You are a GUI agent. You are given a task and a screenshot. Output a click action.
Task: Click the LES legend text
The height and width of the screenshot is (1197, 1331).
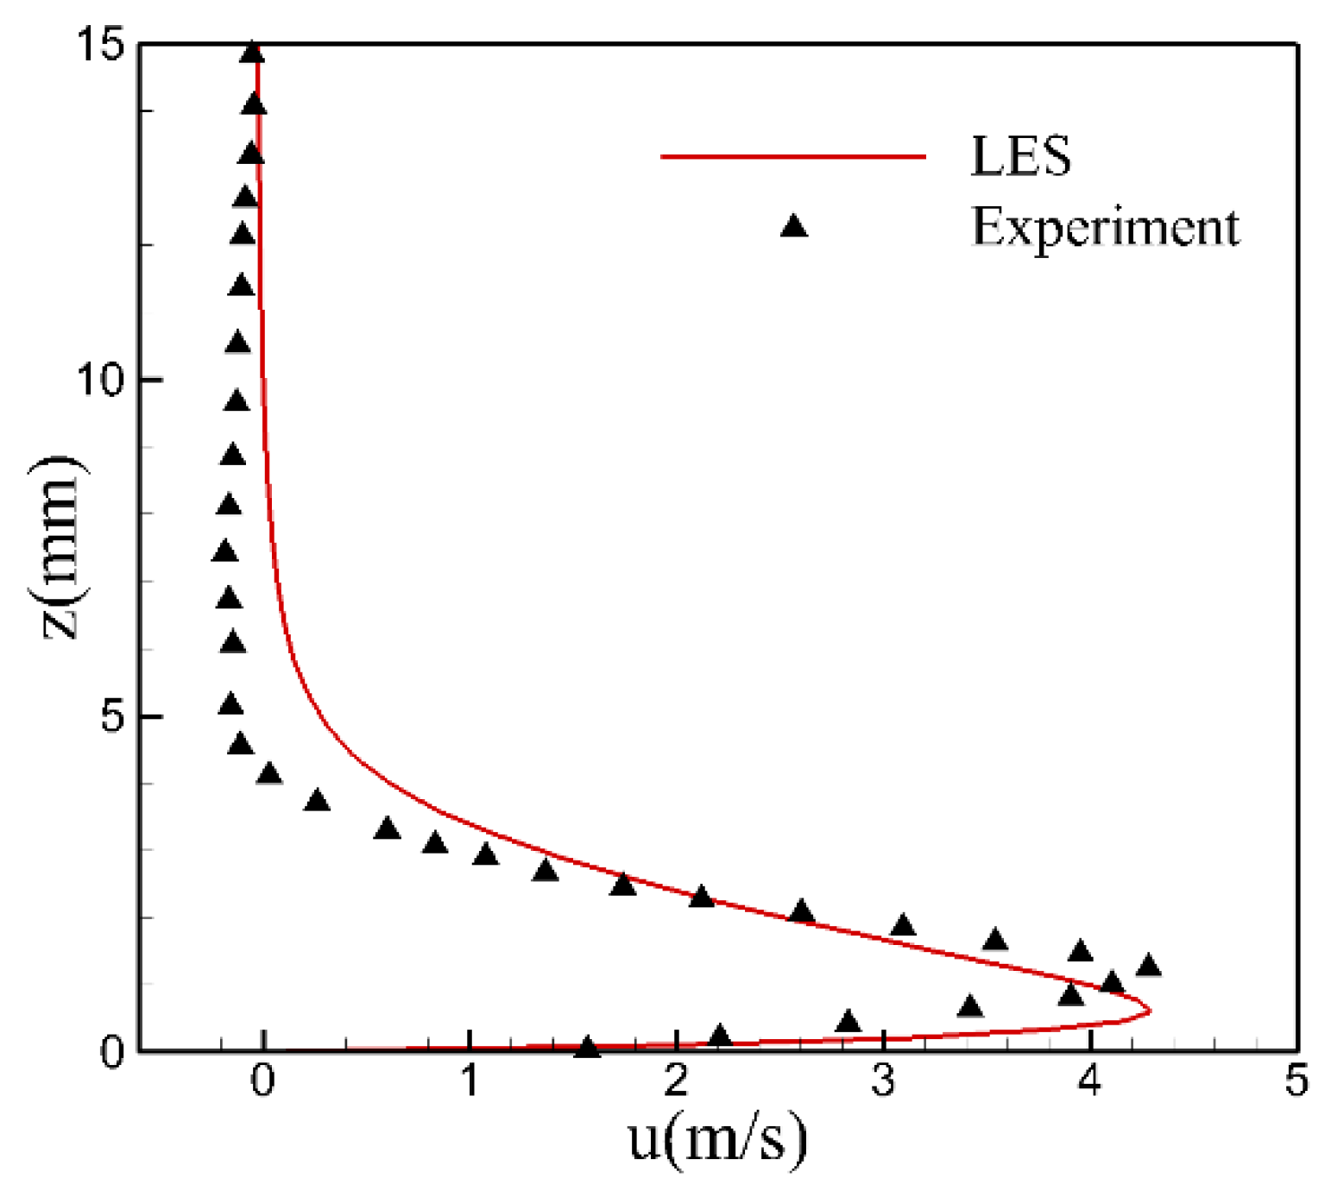(x=1021, y=156)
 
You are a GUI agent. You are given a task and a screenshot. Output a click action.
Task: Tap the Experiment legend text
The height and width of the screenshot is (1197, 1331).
(x=1106, y=228)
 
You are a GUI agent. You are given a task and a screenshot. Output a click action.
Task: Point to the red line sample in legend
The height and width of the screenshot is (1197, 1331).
(x=792, y=156)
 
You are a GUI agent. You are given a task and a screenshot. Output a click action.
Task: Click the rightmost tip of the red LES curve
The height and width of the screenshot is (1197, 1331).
(x=1150, y=1010)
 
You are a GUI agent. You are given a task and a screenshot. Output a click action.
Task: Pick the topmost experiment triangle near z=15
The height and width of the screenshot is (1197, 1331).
(x=252, y=53)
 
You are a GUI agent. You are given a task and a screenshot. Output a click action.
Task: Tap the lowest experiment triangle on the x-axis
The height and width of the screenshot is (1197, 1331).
(x=587, y=1047)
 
